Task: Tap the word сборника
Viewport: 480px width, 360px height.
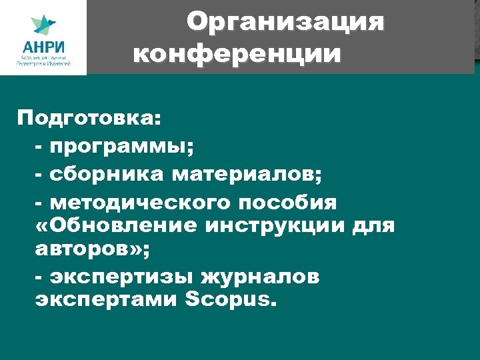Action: pyautogui.click(x=106, y=175)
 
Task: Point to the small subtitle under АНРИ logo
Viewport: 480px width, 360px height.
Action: pyautogui.click(x=43, y=63)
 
